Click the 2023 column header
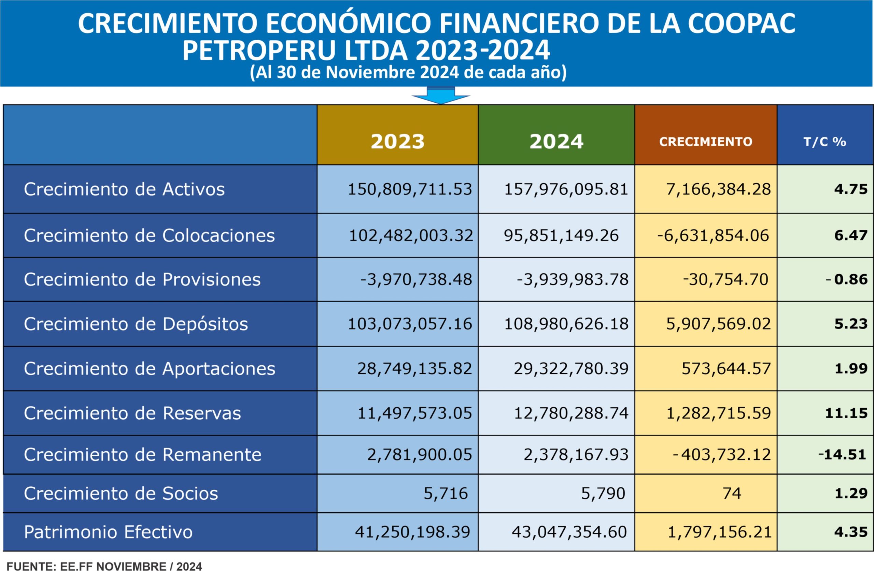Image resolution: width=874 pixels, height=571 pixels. click(397, 141)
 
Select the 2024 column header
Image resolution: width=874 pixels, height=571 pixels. click(556, 141)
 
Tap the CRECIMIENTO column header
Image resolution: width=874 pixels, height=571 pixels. click(705, 142)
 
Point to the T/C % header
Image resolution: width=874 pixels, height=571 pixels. click(825, 142)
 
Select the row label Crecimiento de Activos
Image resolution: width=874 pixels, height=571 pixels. click(124, 189)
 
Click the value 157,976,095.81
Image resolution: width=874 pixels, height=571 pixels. click(566, 189)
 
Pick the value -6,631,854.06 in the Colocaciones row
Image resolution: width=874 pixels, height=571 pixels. click(713, 235)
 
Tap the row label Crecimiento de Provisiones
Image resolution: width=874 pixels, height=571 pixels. click(142, 280)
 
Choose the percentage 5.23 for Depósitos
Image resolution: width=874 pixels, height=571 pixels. click(850, 324)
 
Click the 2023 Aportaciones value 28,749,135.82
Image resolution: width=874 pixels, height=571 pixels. click(414, 368)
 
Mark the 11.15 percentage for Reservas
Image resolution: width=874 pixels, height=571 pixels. click(846, 413)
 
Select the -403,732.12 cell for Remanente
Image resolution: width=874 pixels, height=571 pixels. click(721, 455)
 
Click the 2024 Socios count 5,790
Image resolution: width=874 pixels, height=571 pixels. click(603, 493)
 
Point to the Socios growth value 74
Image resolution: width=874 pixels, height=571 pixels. click(732, 493)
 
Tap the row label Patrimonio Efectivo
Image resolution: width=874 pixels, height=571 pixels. click(108, 532)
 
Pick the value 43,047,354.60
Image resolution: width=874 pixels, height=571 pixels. click(569, 532)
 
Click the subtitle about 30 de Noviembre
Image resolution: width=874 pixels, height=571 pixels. click(408, 73)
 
